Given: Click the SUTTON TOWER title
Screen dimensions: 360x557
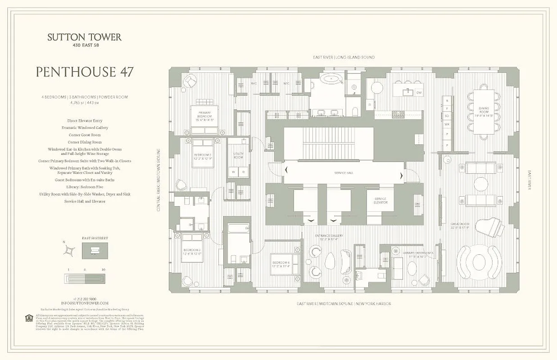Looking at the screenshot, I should tap(85, 37).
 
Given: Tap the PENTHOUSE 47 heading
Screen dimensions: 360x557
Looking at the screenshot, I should tap(85, 72).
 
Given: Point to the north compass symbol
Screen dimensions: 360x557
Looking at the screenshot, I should tap(69, 250).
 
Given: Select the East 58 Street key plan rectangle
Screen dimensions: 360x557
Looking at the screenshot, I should tap(95, 251).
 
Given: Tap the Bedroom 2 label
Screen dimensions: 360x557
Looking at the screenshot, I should tap(203, 157).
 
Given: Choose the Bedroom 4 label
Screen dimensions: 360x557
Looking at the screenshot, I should tap(281, 264).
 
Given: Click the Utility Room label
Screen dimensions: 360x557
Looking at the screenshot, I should tap(238, 156).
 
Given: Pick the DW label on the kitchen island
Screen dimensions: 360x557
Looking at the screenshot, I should tap(418, 93).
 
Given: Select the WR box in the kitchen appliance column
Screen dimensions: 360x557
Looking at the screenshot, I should tap(447, 123).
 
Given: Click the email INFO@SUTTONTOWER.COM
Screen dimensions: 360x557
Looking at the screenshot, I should tap(85, 303).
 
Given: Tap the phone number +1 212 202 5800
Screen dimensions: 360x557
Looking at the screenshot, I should tap(85, 299).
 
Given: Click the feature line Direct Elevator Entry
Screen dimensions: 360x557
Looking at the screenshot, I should tap(85, 121).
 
